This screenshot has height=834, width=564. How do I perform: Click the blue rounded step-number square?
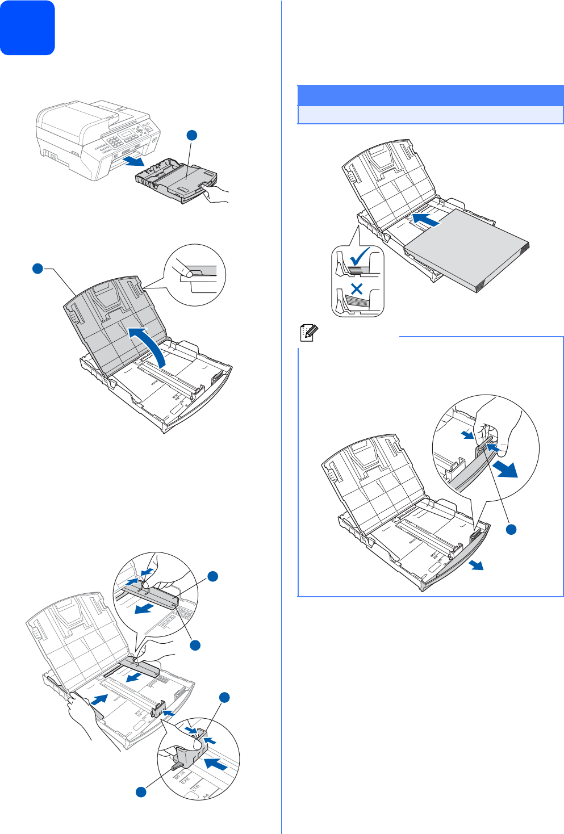27,27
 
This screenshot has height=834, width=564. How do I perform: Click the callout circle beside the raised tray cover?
37,269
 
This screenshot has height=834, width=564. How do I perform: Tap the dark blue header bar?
430,95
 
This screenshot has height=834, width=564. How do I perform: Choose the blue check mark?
359,257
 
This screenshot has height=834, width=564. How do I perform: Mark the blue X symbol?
357,290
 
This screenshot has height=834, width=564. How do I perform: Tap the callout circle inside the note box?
511,529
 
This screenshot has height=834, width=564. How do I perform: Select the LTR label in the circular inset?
196,788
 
